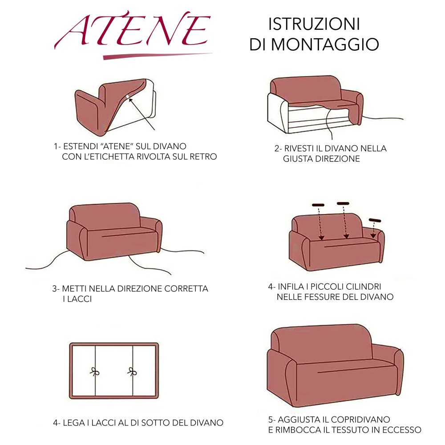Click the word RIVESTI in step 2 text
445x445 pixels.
pos(299,149)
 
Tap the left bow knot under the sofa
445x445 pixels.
pos(94,372)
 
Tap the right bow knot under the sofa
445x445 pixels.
pos(132,372)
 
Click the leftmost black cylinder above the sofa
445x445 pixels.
pos(319,205)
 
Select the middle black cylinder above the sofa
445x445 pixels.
pos(343,204)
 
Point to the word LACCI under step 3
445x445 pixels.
pos(80,299)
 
